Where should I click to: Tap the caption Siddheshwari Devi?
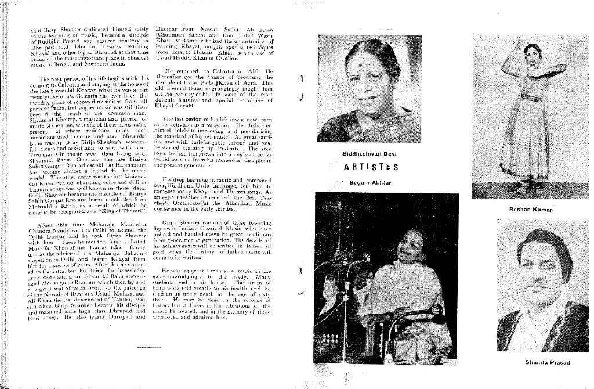tap(370, 153)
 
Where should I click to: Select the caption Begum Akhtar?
tap(371, 182)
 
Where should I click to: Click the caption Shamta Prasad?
tap(547, 363)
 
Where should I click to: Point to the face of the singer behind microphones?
tap(411, 247)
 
